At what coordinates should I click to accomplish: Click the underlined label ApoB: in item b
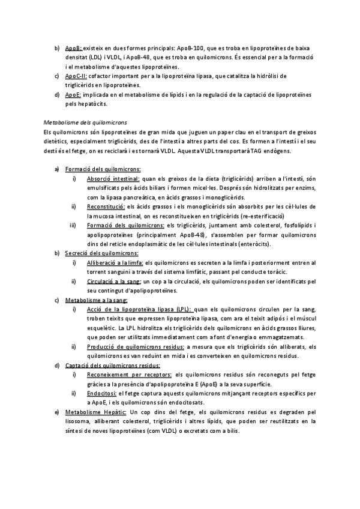pos(73,47)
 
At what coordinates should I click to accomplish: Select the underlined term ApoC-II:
pos(76,76)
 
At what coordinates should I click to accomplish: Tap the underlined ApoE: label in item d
pos(73,95)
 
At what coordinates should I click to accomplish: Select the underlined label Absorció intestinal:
pos(113,178)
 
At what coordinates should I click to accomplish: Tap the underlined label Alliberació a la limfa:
pos(116,263)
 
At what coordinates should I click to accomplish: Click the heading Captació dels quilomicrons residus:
pos(104,366)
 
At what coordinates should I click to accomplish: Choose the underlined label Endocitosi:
pos(102,393)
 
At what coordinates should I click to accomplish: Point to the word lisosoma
pos(77,422)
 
